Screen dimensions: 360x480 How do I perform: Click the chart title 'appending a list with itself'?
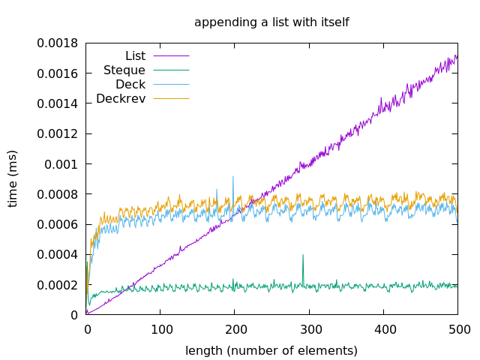(271, 22)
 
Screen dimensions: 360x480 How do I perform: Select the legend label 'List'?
(135, 55)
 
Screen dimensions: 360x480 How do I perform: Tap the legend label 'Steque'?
(124, 70)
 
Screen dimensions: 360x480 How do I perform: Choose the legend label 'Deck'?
(130, 84)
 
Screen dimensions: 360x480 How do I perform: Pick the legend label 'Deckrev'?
(121, 98)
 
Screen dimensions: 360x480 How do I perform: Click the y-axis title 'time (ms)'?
(13, 178)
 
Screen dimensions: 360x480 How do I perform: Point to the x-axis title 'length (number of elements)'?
(271, 350)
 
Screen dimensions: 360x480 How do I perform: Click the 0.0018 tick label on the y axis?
(58, 43)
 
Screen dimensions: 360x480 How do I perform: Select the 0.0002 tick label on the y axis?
(58, 285)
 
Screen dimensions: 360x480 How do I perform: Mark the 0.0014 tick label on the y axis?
(58, 103)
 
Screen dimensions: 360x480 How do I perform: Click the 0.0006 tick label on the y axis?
(58, 224)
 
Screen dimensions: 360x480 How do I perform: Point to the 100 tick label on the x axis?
(160, 329)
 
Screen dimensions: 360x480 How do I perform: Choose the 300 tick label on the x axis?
(310, 329)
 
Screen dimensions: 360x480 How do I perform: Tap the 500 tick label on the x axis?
(458, 329)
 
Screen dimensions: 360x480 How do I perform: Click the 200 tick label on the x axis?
(235, 329)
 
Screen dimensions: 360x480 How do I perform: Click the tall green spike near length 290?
(303, 255)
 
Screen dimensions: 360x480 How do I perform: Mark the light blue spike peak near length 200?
(233, 177)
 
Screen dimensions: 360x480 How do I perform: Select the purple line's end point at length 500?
(457, 55)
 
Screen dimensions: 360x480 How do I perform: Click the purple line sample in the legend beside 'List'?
(171, 55)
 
